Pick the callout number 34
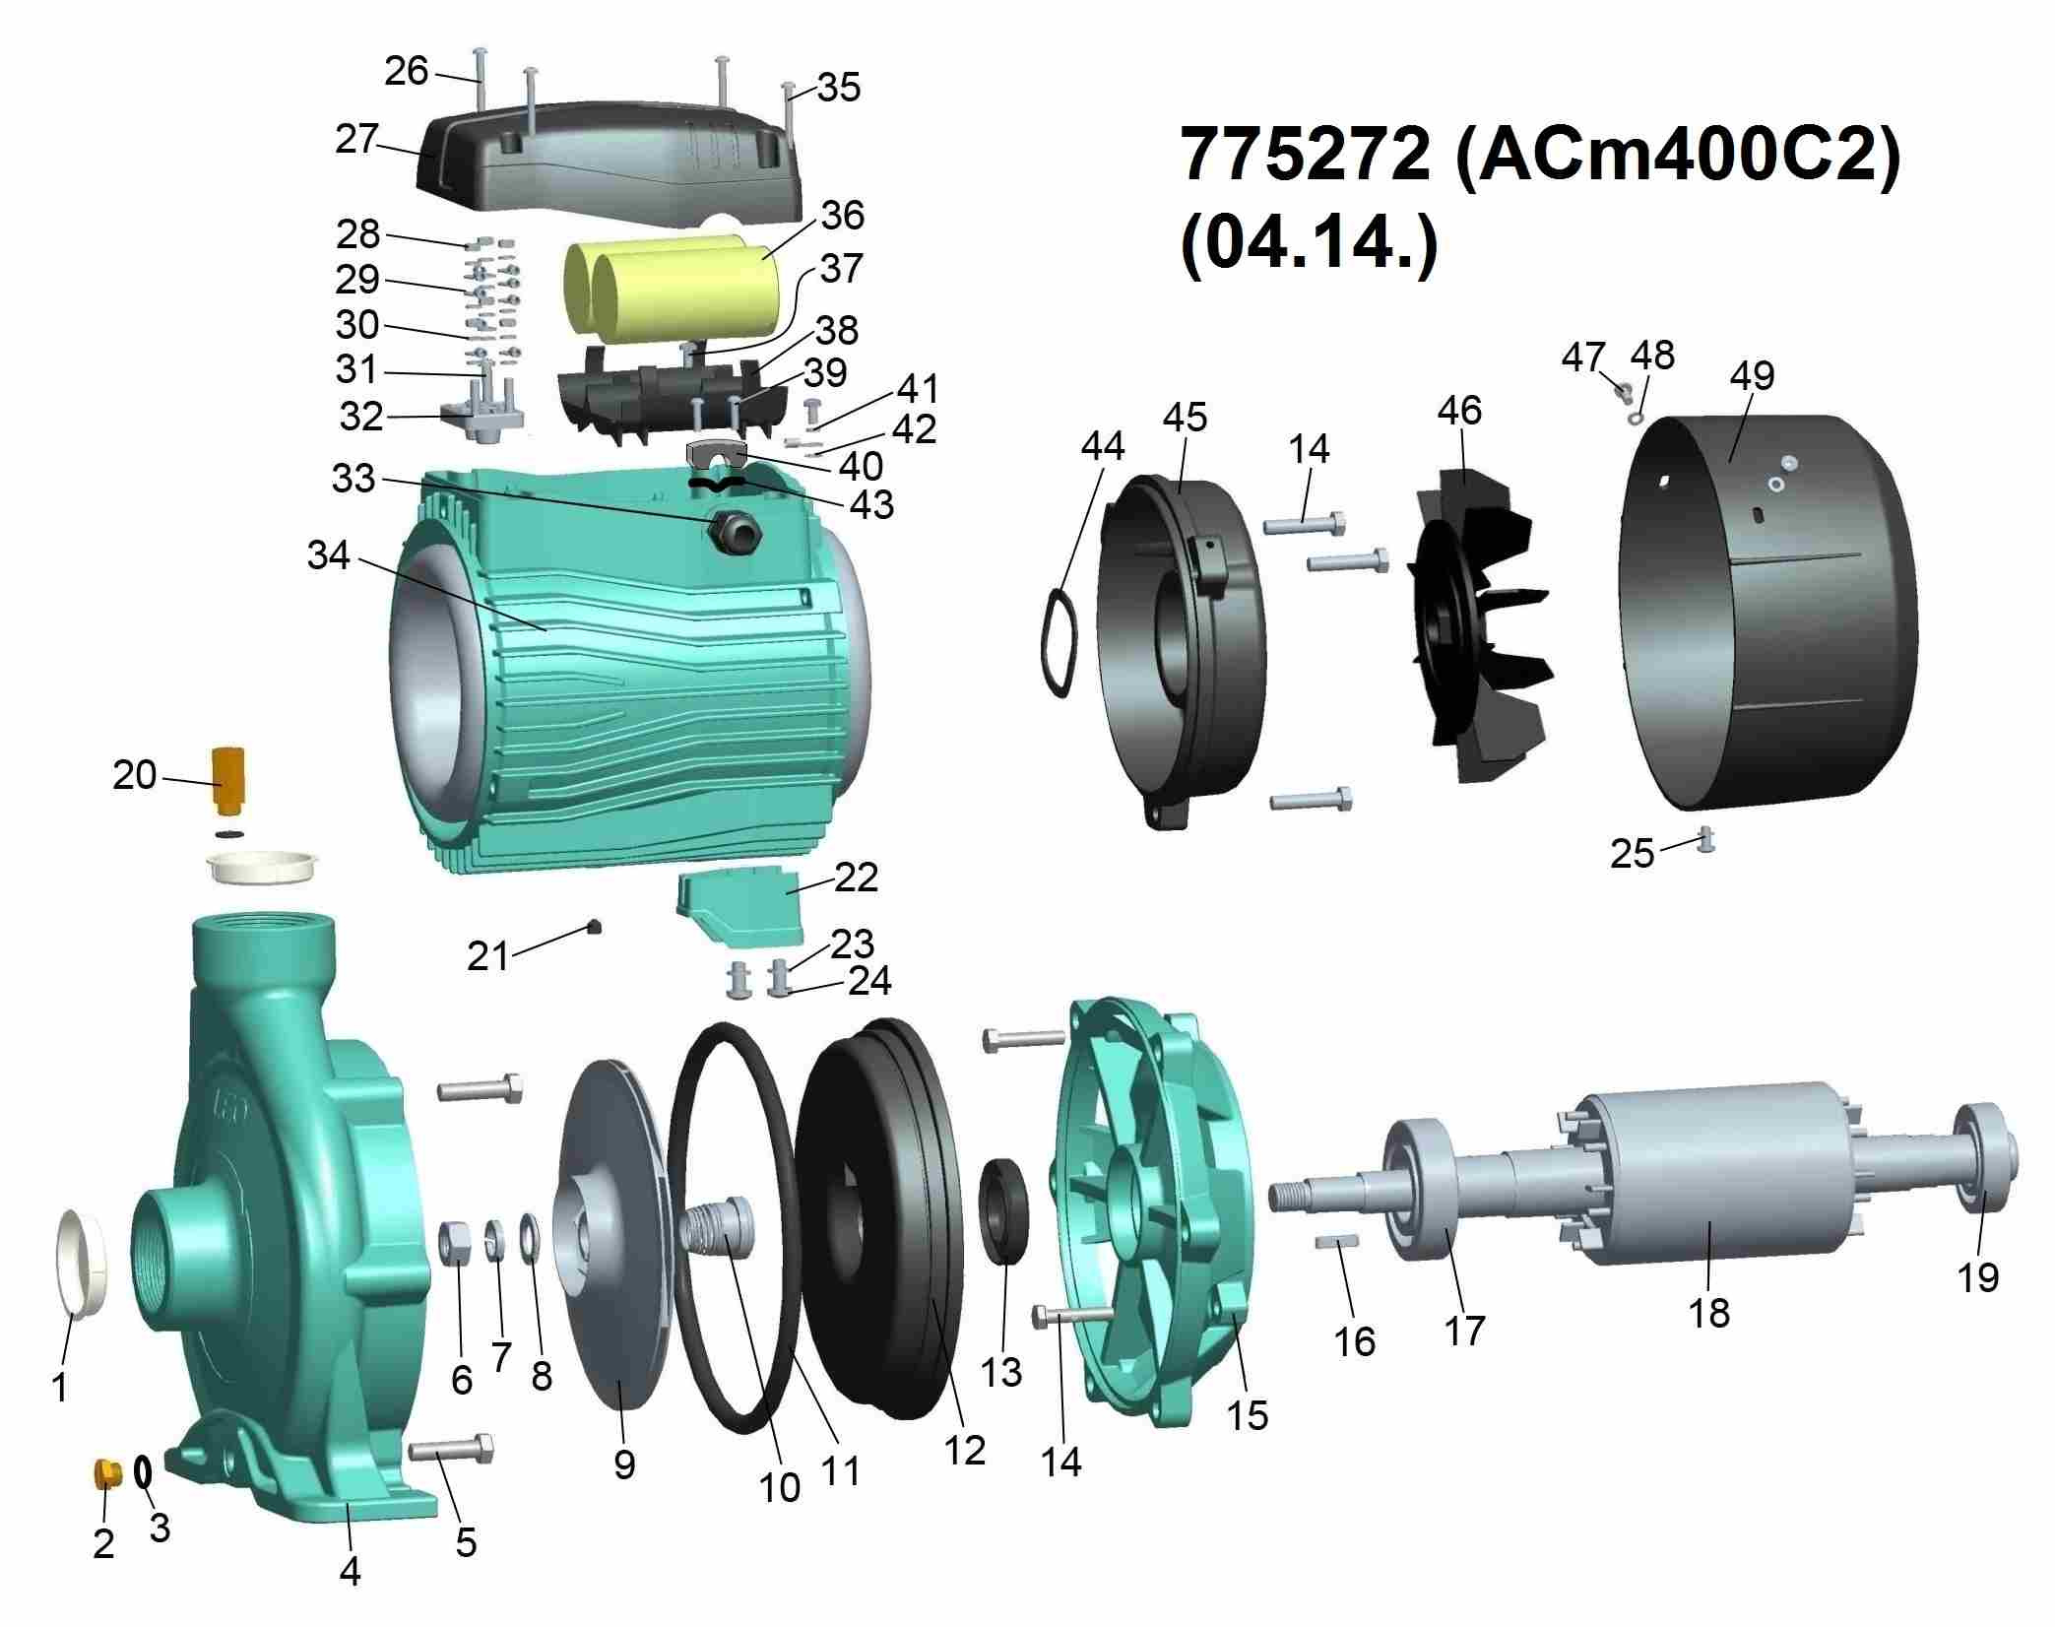point(329,555)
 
